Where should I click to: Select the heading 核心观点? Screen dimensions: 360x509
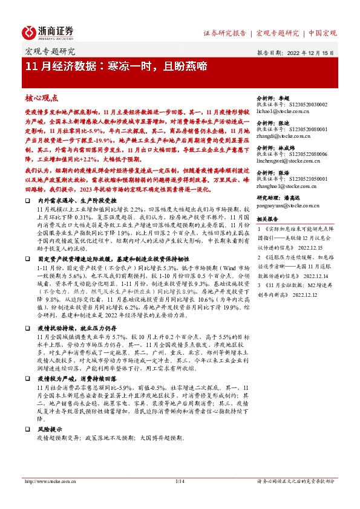click(x=41, y=97)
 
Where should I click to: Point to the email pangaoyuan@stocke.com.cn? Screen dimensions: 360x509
click(x=286, y=205)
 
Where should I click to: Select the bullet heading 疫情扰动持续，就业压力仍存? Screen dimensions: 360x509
click(x=73, y=326)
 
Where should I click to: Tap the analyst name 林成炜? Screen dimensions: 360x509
click(x=293, y=146)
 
